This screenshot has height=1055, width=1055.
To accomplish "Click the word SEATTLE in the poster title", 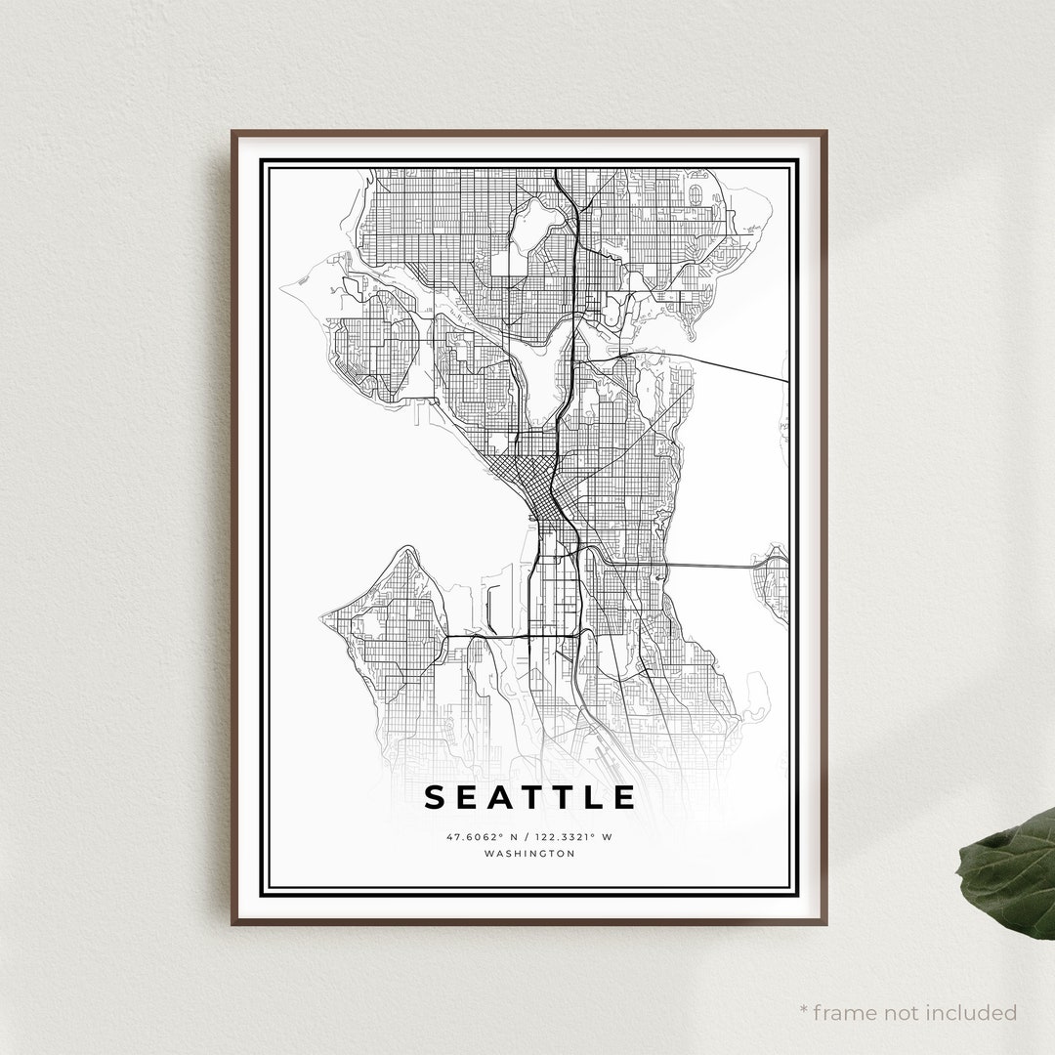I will click(x=530, y=797).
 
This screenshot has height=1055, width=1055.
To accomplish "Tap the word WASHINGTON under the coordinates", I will click(x=529, y=853).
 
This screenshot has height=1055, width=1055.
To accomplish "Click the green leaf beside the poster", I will click(x=1011, y=868).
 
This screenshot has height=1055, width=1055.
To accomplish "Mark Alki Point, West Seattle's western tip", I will click(x=324, y=617).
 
